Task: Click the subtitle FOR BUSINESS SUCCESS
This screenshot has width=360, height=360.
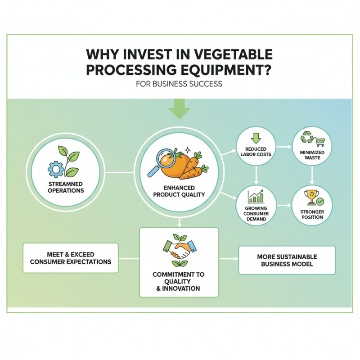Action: (179, 84)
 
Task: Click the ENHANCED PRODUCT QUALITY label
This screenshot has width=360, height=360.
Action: (180, 191)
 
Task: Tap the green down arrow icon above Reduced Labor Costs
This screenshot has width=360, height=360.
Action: (256, 138)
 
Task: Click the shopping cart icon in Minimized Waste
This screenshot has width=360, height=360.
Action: (320, 142)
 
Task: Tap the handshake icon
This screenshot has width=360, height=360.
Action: (180, 248)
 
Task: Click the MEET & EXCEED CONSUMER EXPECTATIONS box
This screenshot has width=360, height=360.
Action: (70, 258)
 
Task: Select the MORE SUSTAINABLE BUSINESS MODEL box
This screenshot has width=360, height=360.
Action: (287, 260)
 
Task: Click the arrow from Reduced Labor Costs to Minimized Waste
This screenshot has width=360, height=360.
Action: (283, 147)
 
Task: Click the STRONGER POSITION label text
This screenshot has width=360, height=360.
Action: (312, 214)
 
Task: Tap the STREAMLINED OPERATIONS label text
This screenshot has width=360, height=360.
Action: (66, 187)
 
